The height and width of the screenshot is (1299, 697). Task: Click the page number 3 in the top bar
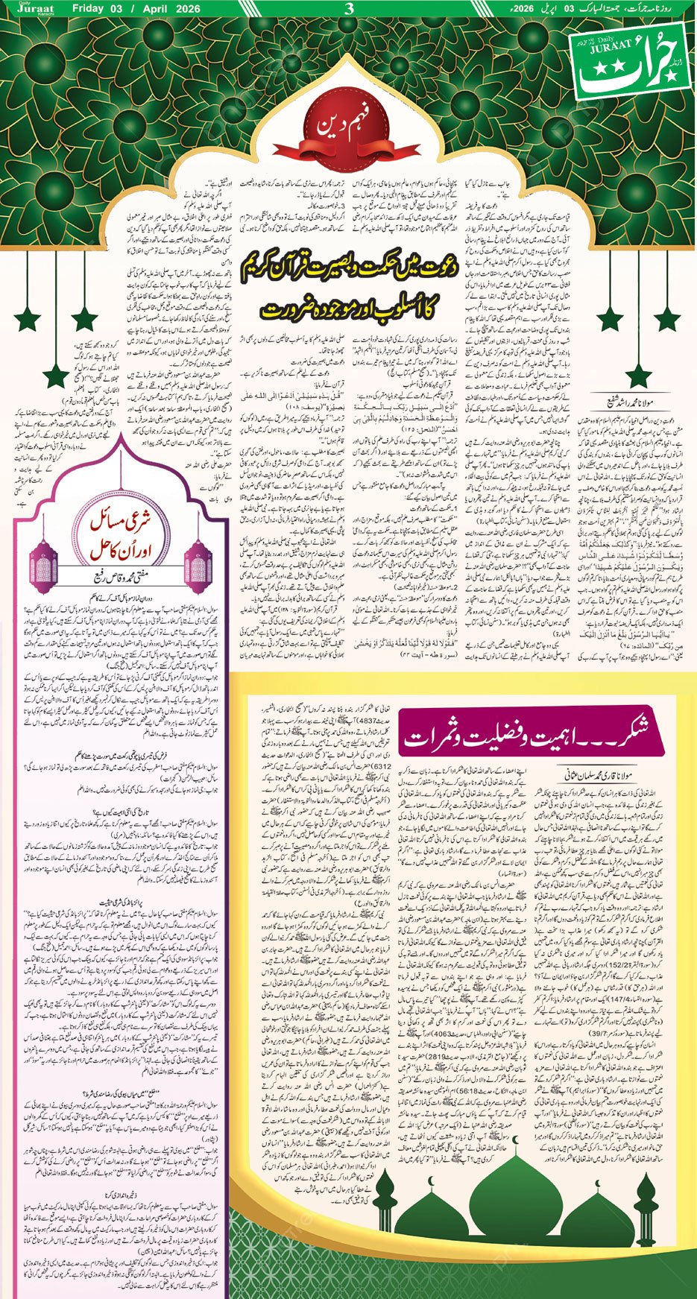pyautogui.click(x=349, y=9)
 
